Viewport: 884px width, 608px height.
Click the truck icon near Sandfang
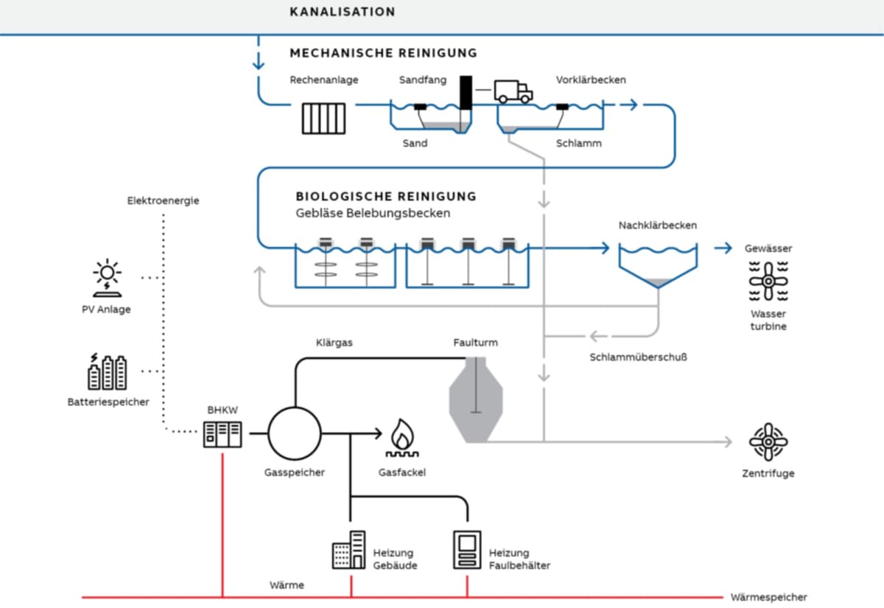click(513, 91)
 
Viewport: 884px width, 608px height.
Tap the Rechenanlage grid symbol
click(324, 118)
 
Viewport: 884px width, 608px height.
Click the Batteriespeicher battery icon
click(107, 372)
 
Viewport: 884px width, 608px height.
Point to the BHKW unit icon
click(222, 435)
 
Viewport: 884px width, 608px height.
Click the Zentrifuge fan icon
click(768, 442)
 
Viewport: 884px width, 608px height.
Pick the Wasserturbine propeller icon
click(768, 281)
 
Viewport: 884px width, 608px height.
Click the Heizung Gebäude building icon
click(348, 551)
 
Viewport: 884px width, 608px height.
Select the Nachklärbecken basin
click(658, 264)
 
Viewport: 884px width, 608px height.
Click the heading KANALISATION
click(343, 12)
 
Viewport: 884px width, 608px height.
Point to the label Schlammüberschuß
click(638, 358)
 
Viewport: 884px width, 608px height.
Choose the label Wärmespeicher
click(768, 598)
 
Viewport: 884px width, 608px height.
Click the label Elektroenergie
click(163, 200)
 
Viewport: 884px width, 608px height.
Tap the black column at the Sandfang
click(466, 93)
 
